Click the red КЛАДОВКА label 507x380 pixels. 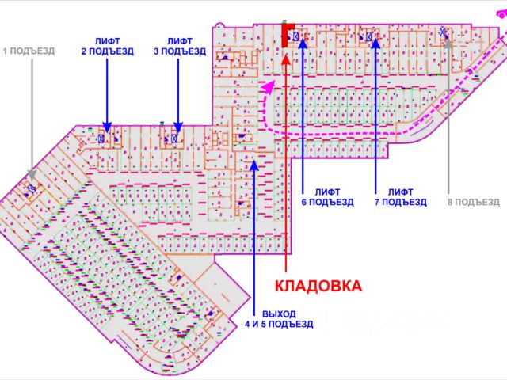tap(318, 286)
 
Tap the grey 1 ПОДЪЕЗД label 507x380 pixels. tap(29, 51)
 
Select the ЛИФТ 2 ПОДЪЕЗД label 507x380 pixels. tap(107, 46)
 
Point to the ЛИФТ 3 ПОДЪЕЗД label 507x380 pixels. tap(179, 46)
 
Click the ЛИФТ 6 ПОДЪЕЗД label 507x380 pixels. tap(327, 196)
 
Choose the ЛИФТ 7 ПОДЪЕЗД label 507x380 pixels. tap(401, 196)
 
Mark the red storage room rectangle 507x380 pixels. tap(285, 35)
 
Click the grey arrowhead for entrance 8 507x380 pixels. tap(449, 41)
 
